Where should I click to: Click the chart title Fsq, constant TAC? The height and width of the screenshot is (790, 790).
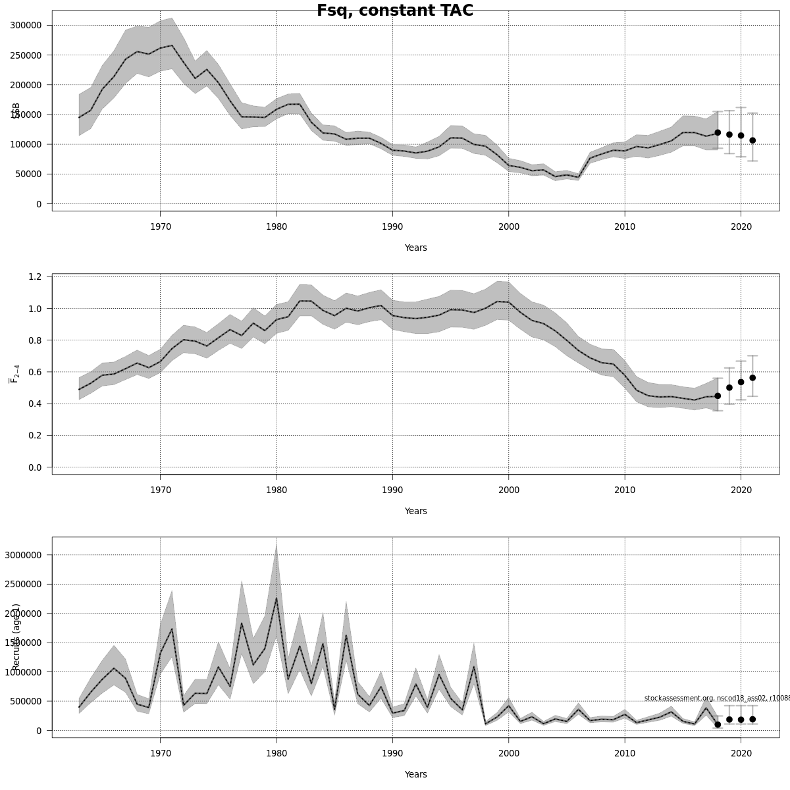click(x=395, y=11)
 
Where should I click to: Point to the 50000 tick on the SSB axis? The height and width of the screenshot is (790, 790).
click(x=30, y=174)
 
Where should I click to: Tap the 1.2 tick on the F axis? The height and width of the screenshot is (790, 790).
click(x=36, y=276)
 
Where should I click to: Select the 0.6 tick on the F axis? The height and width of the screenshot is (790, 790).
click(x=36, y=372)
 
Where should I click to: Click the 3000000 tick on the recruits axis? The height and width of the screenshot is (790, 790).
click(x=23, y=555)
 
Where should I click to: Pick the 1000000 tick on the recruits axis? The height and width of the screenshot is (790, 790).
click(x=23, y=672)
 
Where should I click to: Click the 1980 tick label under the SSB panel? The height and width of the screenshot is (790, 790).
click(x=276, y=226)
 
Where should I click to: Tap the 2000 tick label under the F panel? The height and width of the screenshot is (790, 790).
click(x=509, y=490)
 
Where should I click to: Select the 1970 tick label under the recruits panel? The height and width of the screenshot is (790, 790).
click(x=160, y=753)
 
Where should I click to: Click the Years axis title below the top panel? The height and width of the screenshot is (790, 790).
click(x=415, y=248)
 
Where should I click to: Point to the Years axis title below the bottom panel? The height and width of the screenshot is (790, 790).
click(x=415, y=775)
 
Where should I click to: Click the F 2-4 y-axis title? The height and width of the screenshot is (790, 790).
click(x=14, y=372)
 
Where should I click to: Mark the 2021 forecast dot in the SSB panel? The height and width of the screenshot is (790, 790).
click(x=752, y=140)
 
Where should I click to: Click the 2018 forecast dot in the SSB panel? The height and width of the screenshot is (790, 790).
click(x=718, y=132)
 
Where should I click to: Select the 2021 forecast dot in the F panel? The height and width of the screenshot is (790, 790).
click(x=752, y=378)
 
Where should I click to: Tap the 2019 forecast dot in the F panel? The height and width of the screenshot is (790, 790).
click(x=729, y=388)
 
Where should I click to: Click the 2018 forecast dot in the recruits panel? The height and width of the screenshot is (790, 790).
click(x=718, y=724)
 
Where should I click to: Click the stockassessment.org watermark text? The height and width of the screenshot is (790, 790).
click(x=716, y=698)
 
